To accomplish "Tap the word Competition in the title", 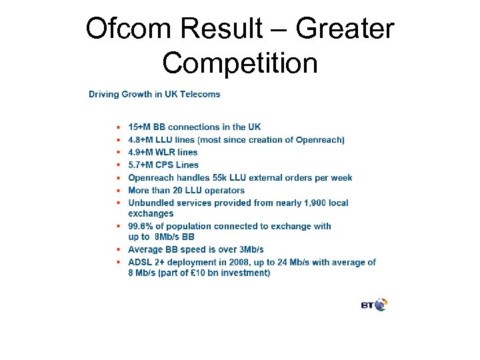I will tap(240, 63).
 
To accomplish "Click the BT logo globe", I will tap(381, 305).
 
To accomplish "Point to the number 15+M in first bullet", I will tap(140, 127).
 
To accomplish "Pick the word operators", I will tap(223, 190).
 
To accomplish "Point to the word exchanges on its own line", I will tap(151, 213).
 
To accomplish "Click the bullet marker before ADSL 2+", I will tap(118, 263).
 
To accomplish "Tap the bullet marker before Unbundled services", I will tap(118, 203).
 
